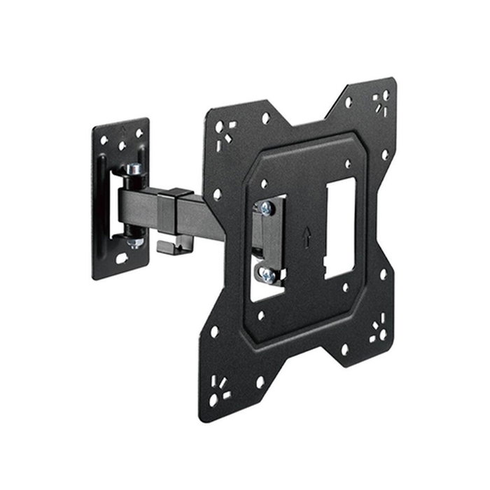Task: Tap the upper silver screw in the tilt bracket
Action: (267, 208)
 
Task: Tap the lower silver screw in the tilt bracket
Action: (267, 276)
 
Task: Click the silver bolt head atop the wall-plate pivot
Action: (133, 170)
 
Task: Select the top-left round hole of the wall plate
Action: (104, 140)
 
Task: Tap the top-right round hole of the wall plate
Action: (139, 132)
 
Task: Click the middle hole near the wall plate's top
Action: (122, 146)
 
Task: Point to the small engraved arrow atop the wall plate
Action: (122, 130)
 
